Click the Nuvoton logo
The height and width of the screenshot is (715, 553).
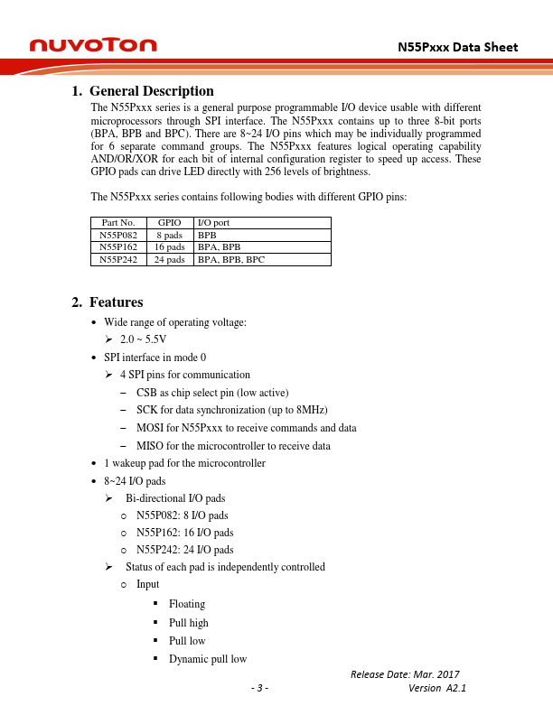[93, 45]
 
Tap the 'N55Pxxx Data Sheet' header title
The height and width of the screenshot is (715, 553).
[458, 46]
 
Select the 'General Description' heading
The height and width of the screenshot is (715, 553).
[151, 91]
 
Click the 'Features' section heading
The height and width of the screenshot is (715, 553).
[116, 302]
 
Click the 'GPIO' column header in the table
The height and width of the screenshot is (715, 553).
[170, 222]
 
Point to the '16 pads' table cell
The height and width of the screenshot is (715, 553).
[170, 246]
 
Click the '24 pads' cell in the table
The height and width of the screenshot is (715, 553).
[170, 259]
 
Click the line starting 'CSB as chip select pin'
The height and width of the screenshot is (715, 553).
[212, 393]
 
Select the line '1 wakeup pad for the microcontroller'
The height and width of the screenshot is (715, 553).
[184, 463]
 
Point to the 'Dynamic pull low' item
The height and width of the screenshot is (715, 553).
[208, 659]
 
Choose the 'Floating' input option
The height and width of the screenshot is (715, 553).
[187, 604]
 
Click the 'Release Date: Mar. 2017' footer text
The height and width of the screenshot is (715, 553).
[409, 674]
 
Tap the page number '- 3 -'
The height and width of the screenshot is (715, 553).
[259, 689]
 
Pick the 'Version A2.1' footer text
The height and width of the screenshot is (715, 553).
[437, 689]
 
